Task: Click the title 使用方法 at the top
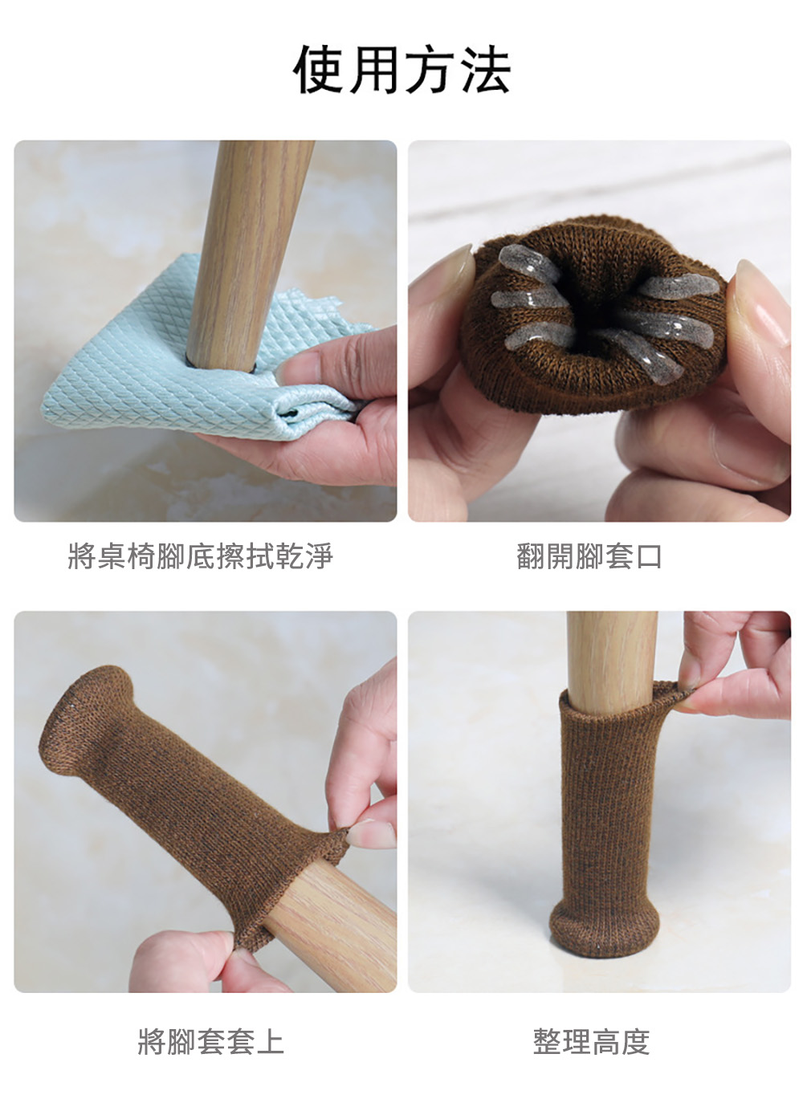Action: coord(401,69)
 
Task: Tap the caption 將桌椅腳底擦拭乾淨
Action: coord(200,555)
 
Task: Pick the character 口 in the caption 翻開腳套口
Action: coord(649,556)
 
